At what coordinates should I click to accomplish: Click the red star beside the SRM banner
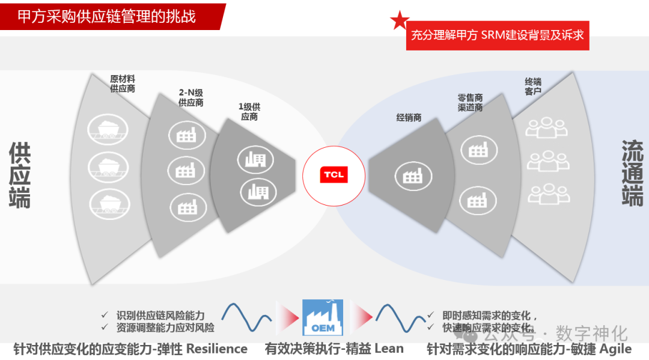coord(400,21)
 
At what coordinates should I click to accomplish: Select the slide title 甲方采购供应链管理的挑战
coord(106,16)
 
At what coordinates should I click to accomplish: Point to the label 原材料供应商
coord(123,84)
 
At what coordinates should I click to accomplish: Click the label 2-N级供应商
coord(191,97)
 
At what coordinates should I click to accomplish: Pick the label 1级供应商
coord(249,112)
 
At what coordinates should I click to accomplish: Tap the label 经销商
coord(409,118)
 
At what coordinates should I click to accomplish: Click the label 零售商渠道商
coord(470,102)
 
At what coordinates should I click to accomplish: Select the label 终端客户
coord(533,86)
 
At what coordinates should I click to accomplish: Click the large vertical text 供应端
coord(20,175)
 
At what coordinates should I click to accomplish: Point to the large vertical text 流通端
coord(632,173)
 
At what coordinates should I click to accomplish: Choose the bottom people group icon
coord(547,194)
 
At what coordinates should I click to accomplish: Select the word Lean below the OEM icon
coord(389,349)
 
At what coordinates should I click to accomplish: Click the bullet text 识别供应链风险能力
coord(160,316)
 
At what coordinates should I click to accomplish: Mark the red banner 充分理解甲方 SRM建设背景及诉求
coord(497,35)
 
